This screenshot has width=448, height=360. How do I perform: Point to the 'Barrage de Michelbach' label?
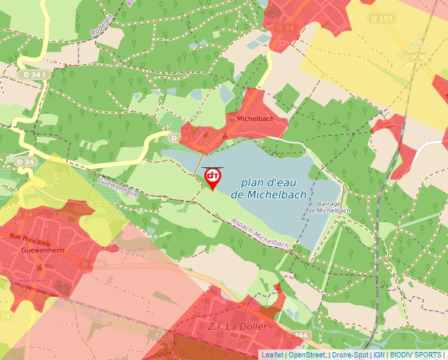tap(328, 207)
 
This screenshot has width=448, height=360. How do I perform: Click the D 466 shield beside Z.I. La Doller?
tap(297, 336)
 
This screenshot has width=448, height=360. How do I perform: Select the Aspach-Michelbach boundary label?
tap(259, 234)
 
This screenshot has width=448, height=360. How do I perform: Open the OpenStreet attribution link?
tap(306, 355)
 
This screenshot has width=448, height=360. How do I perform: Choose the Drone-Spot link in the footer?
tap(350, 355)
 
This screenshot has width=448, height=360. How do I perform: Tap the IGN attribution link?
tap(379, 355)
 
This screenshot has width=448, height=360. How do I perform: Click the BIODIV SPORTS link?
tap(415, 355)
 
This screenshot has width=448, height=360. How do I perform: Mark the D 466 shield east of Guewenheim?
tap(93, 264)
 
